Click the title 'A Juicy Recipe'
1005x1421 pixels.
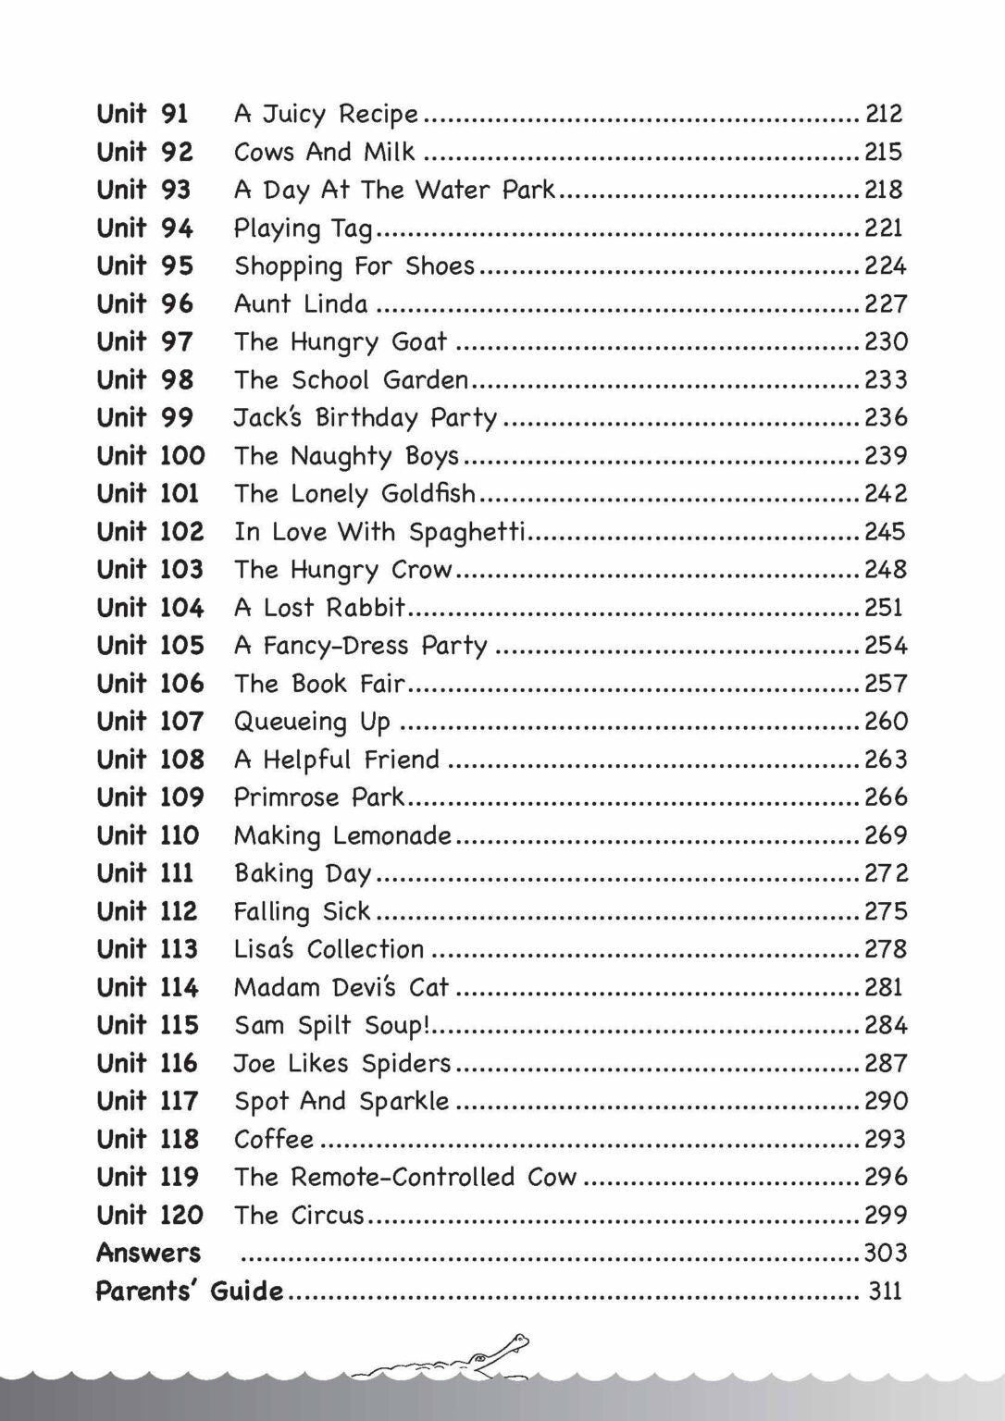pyautogui.click(x=326, y=115)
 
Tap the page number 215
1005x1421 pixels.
pyautogui.click(x=883, y=152)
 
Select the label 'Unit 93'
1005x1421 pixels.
pyautogui.click(x=143, y=190)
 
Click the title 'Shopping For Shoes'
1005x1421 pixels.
pyautogui.click(x=354, y=266)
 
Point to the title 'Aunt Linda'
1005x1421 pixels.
pyautogui.click(x=301, y=304)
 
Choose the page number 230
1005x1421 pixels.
pyautogui.click(x=886, y=342)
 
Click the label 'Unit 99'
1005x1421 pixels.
pyautogui.click(x=144, y=418)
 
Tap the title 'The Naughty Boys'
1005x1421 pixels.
pyautogui.click(x=346, y=456)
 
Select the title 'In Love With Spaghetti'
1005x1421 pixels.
pyautogui.click(x=379, y=532)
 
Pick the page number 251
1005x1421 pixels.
pyautogui.click(x=883, y=608)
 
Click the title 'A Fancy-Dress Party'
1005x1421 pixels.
pyautogui.click(x=360, y=646)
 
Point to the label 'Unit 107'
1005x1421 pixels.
pyautogui.click(x=149, y=722)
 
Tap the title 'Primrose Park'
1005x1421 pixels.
pyautogui.click(x=319, y=797)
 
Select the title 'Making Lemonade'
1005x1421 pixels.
pyautogui.click(x=342, y=835)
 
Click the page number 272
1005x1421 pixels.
pyautogui.click(x=886, y=873)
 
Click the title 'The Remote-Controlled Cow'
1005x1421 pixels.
pyautogui.click(x=405, y=1177)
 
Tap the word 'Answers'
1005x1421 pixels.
pyautogui.click(x=148, y=1253)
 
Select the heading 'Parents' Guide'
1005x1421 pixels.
pyautogui.click(x=190, y=1291)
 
